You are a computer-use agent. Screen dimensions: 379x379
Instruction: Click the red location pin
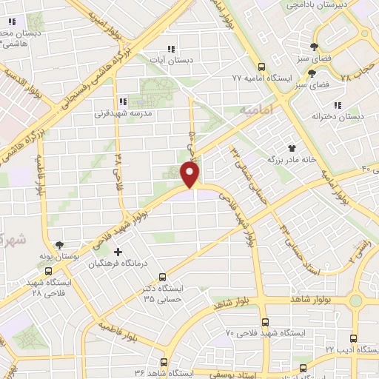coord(191,175)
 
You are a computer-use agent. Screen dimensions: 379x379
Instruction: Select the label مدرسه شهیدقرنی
coord(122,114)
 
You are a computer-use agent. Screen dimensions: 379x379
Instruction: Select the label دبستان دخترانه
coord(338,116)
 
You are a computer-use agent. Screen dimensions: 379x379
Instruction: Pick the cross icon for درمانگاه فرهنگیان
coord(118,252)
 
